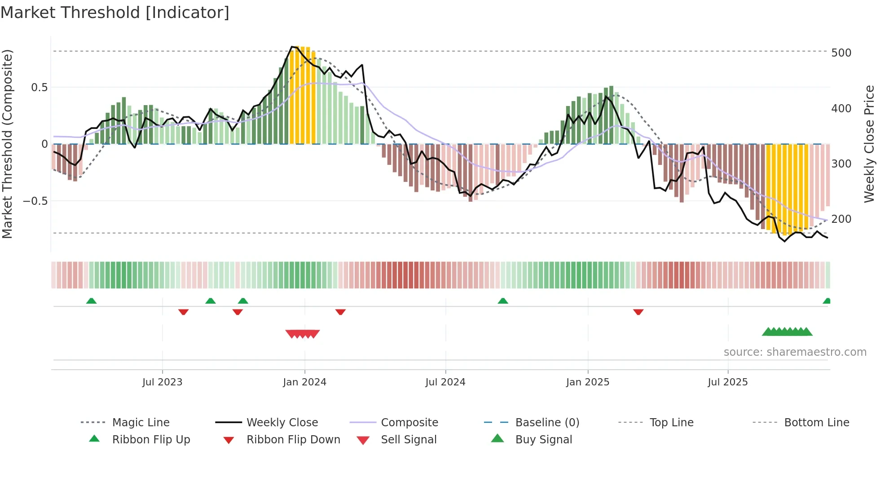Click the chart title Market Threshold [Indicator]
[115, 13]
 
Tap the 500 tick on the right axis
[841, 53]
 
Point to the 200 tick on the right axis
[841, 219]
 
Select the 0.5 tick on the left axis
[39, 87]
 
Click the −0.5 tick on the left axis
[35, 201]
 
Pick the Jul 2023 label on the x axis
[162, 382]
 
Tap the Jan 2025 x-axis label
[587, 382]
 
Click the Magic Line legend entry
[141, 423]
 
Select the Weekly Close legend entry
[282, 423]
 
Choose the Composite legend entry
[409, 423]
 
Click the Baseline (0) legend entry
[547, 423]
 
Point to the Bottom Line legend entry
[816, 423]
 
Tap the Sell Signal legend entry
[409, 440]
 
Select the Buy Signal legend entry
[543, 440]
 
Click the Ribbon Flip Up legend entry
[151, 440]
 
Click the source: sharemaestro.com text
[795, 352]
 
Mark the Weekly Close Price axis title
[869, 144]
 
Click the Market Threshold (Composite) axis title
[7, 144]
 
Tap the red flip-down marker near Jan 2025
[638, 312]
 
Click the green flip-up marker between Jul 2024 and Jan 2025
[503, 301]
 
